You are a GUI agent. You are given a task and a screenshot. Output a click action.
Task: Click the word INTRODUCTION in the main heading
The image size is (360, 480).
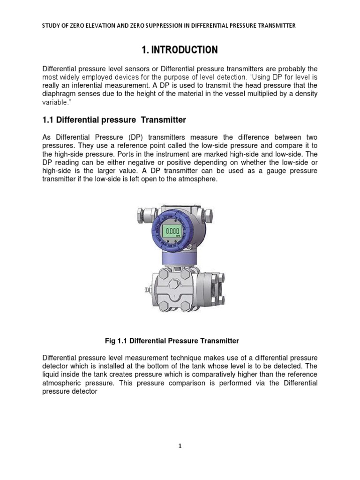(186, 50)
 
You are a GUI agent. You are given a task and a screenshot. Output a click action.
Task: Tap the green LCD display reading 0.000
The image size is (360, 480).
(173, 232)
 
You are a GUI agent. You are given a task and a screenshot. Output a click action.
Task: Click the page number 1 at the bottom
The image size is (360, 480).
(180, 446)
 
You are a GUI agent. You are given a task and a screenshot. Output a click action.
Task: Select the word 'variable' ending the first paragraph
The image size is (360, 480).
(56, 102)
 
